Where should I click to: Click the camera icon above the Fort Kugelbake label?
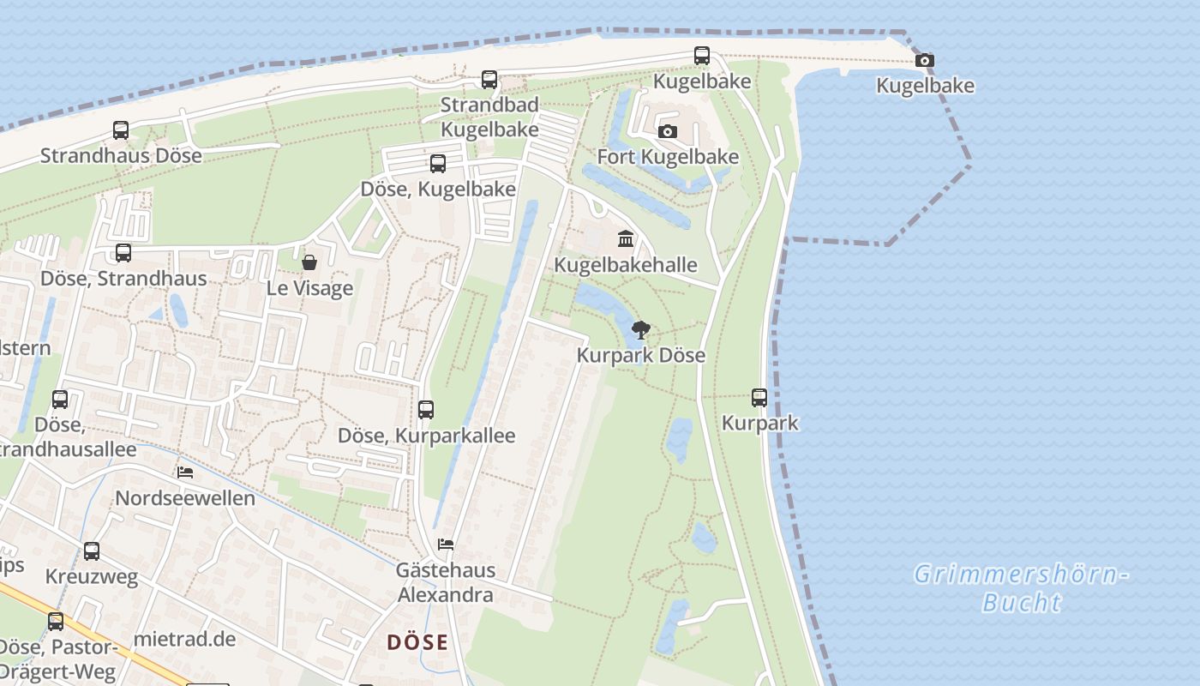668,131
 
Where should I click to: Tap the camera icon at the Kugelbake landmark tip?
924,60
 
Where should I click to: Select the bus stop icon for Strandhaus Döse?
121,130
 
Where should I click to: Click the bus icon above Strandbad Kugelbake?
489,80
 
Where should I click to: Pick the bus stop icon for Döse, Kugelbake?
438,164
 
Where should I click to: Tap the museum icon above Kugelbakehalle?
626,238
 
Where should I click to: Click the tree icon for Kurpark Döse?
640,330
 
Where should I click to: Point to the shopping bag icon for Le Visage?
309,262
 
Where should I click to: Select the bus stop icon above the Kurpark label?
759,398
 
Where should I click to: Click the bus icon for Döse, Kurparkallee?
426,410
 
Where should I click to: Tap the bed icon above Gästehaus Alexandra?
445,545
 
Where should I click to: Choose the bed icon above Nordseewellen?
184,472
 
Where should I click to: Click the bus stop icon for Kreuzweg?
92,551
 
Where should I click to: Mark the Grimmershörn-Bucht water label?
1020,587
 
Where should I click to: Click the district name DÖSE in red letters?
417,641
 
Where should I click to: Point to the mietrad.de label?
184,639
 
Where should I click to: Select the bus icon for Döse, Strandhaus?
123,253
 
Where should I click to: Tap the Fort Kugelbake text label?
668,157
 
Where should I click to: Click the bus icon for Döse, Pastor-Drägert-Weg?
56,622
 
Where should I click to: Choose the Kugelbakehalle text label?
626,265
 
